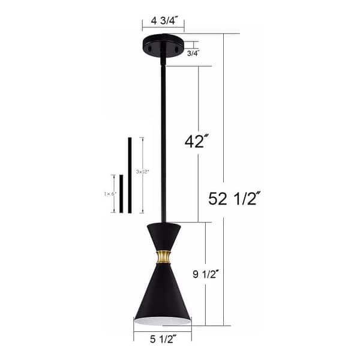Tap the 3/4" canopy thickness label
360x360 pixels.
click(x=193, y=53)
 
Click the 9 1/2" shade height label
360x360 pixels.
click(x=223, y=274)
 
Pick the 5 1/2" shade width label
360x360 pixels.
click(x=162, y=340)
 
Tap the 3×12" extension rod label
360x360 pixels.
click(x=142, y=171)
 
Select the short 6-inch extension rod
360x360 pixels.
click(x=121, y=194)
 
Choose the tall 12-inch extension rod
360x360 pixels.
click(x=129, y=175)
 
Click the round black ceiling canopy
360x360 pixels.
click(x=163, y=47)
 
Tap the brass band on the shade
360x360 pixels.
click(x=162, y=257)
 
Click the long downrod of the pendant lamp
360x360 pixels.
click(x=162, y=138)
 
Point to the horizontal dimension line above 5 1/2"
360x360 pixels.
click(x=162, y=331)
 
